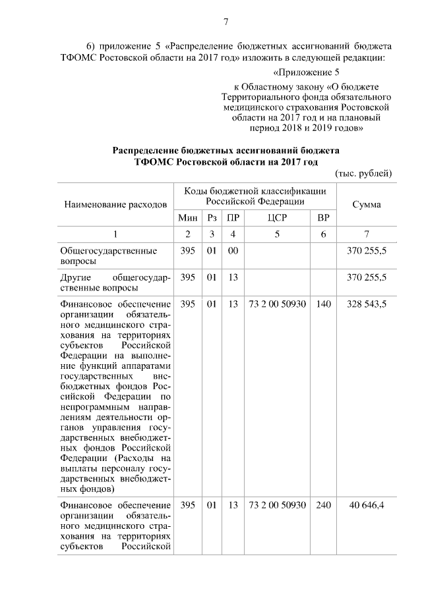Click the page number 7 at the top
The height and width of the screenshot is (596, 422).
226,22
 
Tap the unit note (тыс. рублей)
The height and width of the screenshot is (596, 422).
364,173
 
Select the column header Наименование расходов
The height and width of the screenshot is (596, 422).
115,205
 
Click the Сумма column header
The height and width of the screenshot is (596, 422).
366,205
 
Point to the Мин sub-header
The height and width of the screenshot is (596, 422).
187,218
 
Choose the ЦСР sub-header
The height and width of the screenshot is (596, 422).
277,218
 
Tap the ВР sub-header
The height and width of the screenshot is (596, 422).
323,218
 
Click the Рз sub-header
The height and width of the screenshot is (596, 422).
211,218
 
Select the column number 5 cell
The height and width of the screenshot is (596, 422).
277,234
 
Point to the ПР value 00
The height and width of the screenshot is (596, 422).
231,252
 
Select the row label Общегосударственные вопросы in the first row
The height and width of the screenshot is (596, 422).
108,256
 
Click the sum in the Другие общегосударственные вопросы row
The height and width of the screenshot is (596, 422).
366,278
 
